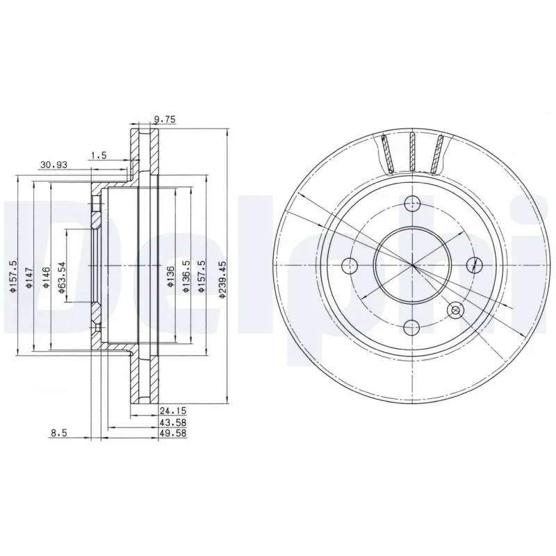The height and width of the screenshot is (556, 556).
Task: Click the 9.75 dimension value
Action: pos(165,120)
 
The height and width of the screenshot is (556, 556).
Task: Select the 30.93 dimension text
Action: pos(53,165)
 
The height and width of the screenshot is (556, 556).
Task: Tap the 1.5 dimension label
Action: pos(98,156)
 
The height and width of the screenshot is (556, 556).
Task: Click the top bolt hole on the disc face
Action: pos(413,204)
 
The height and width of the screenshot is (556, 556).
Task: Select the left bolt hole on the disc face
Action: pos(350,265)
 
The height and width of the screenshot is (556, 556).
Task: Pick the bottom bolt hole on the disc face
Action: pos(413,327)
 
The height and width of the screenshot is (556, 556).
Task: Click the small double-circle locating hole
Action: pos(456,310)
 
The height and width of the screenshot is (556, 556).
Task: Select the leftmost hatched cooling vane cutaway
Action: pos(387,154)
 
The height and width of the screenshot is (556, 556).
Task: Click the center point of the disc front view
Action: pos(413,265)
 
